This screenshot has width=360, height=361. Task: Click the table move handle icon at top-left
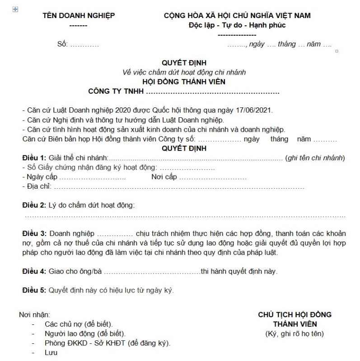(16, 9)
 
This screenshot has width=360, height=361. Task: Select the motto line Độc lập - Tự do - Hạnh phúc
(237, 25)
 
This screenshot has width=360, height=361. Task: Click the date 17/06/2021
(256, 110)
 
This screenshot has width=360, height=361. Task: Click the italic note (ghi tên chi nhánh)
(315, 157)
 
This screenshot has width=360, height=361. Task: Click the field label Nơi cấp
(164, 176)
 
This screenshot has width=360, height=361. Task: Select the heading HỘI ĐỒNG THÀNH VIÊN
(183, 82)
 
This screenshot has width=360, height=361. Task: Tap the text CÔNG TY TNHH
(116, 92)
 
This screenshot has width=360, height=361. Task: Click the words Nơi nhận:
(34, 314)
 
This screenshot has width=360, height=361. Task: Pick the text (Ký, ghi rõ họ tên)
(295, 334)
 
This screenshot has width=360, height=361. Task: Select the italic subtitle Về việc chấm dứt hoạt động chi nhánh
(184, 72)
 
